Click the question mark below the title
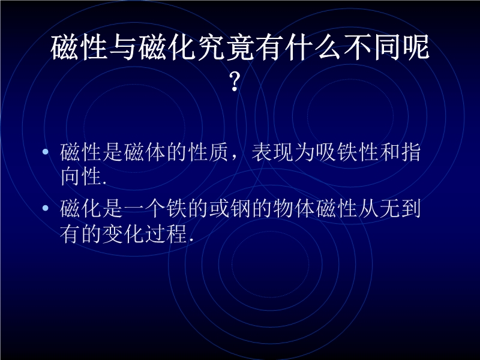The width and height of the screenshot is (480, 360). [235, 82]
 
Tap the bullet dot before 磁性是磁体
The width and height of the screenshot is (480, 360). [46, 152]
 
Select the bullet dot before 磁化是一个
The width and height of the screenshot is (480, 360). [46, 208]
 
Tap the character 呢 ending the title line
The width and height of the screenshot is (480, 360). [415, 47]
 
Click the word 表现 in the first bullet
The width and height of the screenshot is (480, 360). [272, 152]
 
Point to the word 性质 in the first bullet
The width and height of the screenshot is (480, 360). [208, 152]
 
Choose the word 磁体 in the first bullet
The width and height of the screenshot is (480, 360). [145, 152]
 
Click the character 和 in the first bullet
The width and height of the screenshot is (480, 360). [389, 152]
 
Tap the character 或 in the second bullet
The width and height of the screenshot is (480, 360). [219, 208]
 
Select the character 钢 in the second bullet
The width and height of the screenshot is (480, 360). [241, 208]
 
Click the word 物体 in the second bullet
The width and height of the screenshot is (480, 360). [294, 208]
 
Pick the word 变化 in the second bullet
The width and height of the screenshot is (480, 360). [123, 234]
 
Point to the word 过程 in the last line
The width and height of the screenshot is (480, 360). [166, 234]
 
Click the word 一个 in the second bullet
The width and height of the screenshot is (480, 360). [145, 208]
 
